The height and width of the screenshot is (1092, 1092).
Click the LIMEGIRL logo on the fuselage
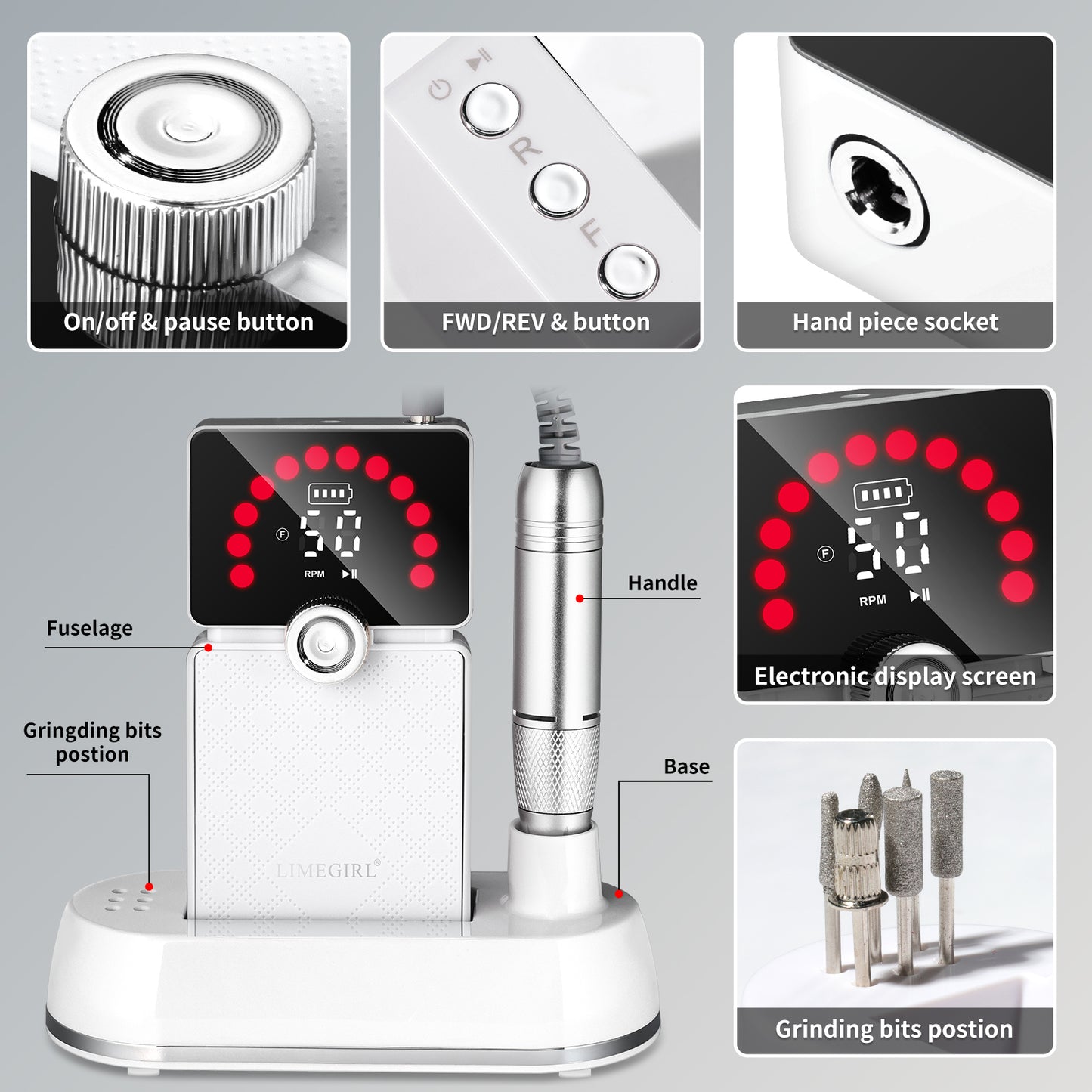(x=327, y=870)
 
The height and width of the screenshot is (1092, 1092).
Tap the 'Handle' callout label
(x=662, y=583)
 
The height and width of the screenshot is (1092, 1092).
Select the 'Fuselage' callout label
(x=89, y=628)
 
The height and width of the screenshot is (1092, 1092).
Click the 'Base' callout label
(x=686, y=766)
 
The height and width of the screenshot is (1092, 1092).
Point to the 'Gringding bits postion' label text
(x=92, y=742)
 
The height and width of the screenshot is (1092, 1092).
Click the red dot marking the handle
(x=580, y=599)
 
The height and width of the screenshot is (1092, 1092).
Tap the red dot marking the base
(x=619, y=894)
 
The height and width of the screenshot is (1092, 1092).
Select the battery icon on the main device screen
(x=330, y=494)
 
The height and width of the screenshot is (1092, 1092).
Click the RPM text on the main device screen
(x=314, y=574)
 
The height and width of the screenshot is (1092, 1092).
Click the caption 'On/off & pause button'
(x=188, y=323)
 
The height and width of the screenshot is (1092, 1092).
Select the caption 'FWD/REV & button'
(x=545, y=323)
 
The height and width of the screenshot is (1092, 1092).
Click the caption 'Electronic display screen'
(x=895, y=676)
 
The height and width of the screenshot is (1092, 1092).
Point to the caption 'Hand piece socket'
(x=895, y=323)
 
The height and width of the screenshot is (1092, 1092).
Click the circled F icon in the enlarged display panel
(x=825, y=554)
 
